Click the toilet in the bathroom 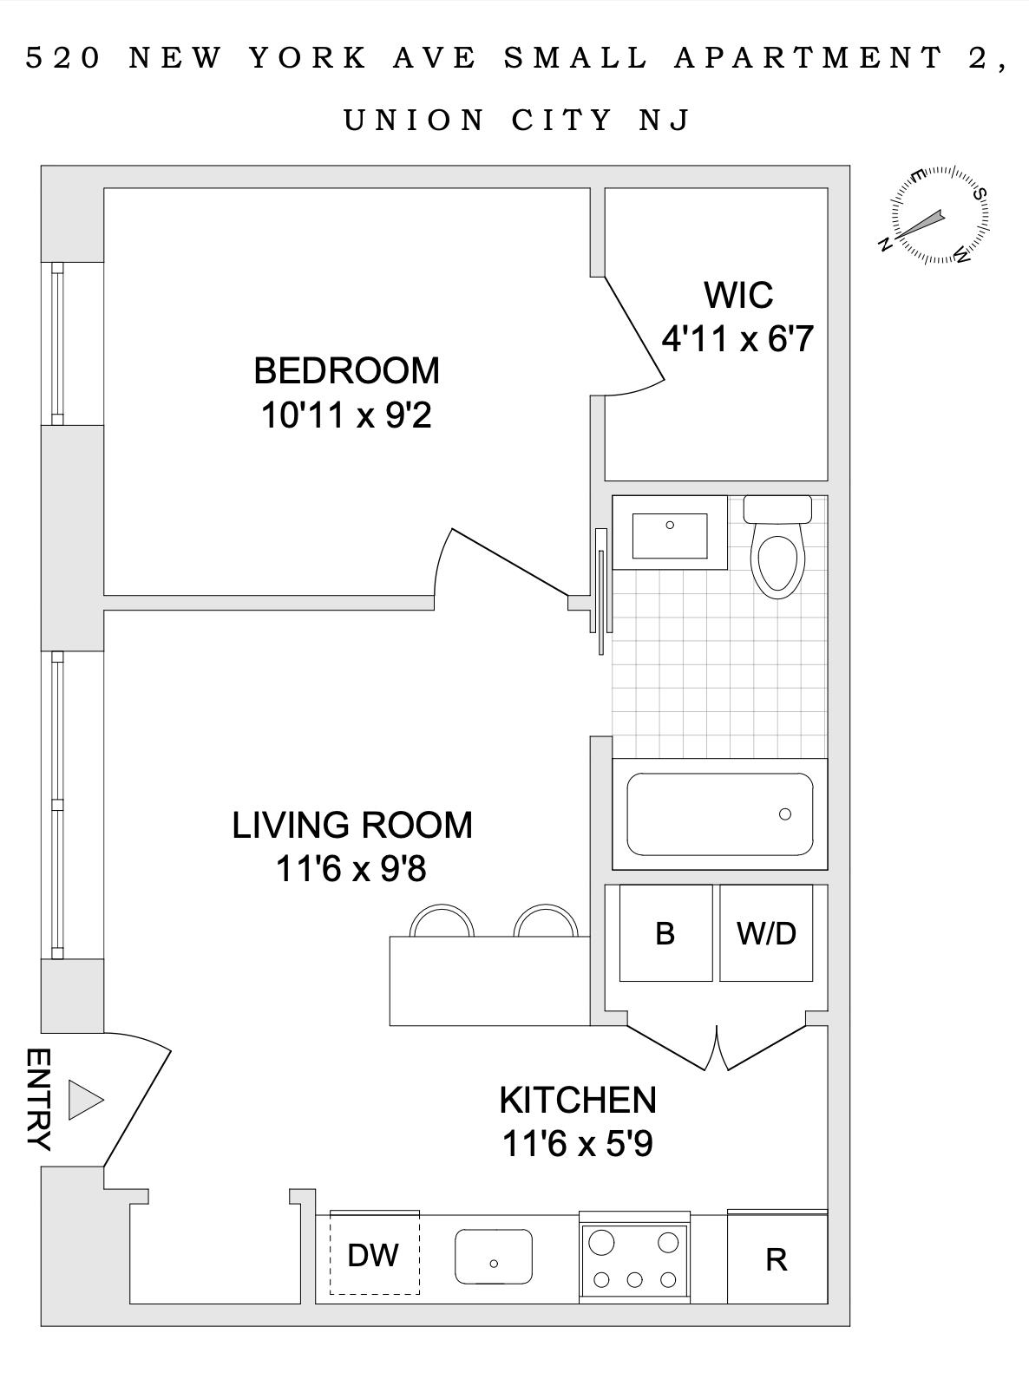tap(777, 555)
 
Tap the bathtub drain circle tap(785, 814)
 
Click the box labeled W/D tap(766, 933)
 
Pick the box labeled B tap(665, 933)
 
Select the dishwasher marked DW tap(374, 1255)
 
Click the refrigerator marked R tap(777, 1258)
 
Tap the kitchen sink tap(494, 1257)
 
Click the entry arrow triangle tap(84, 1101)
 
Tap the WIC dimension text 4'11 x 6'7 tap(738, 339)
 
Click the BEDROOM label tap(346, 370)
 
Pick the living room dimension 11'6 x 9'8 tap(351, 868)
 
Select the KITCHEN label tap(578, 1100)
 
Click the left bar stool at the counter tap(442, 922)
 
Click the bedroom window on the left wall tap(57, 344)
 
